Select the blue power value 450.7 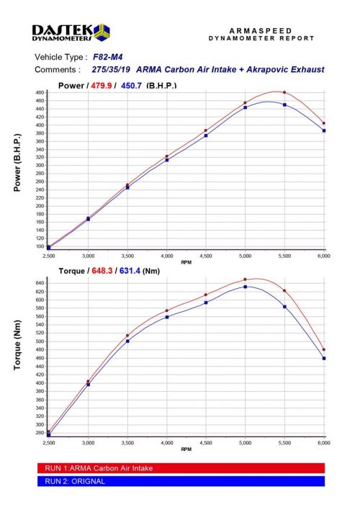pos(130,85)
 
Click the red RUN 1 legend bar pos(180,467)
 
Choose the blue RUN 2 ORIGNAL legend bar pos(180,481)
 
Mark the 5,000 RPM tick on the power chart pos(245,256)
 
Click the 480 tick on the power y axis pos(40,93)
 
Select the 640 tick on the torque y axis pos(40,282)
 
